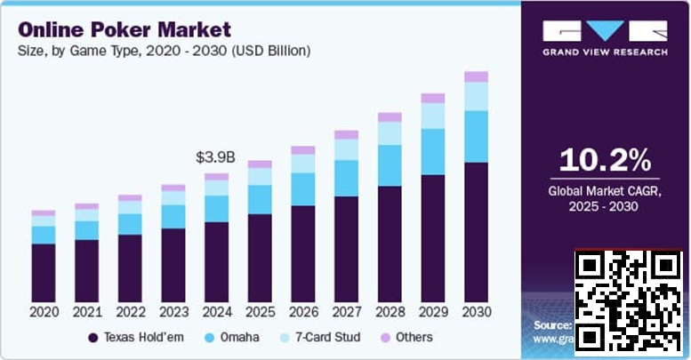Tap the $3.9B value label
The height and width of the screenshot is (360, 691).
(x=215, y=157)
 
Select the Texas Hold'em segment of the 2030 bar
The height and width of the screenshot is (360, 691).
(x=477, y=232)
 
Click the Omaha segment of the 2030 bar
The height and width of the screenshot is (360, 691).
(x=477, y=136)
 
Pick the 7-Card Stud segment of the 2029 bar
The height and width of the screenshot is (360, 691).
(x=433, y=116)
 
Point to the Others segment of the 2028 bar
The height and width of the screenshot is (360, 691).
(x=390, y=116)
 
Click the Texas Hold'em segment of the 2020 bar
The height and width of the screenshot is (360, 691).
(x=44, y=273)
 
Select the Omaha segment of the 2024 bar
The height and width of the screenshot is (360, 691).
(x=216, y=208)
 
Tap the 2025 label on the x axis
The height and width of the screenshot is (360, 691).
(x=260, y=312)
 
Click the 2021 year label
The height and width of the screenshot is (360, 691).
(x=86, y=312)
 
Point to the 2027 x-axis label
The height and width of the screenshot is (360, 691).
(x=347, y=312)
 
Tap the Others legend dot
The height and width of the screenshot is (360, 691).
(x=385, y=338)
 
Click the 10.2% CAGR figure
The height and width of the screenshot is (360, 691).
(x=605, y=160)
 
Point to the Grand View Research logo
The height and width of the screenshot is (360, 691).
(x=605, y=37)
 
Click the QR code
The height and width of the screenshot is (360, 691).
(x=628, y=301)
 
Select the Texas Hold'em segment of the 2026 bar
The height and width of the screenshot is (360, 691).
(x=303, y=254)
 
